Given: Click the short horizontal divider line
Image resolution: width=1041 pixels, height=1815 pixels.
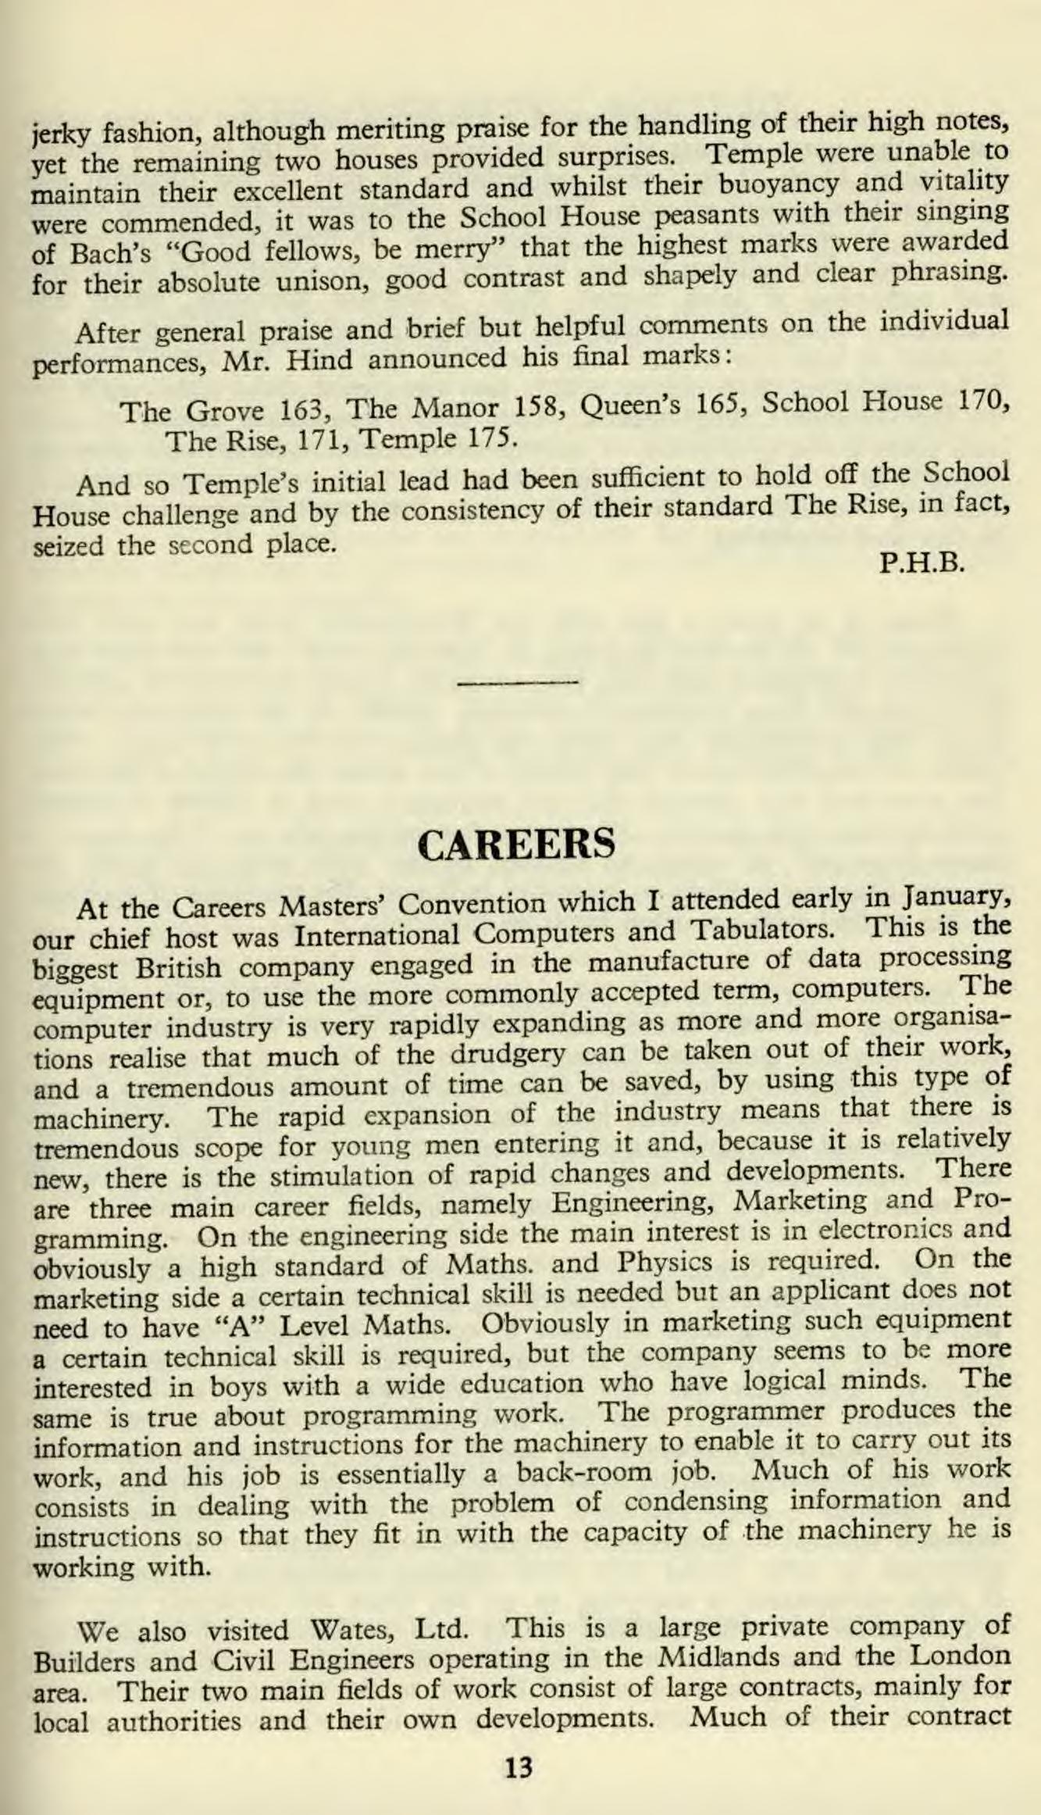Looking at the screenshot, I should [x=518, y=682].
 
